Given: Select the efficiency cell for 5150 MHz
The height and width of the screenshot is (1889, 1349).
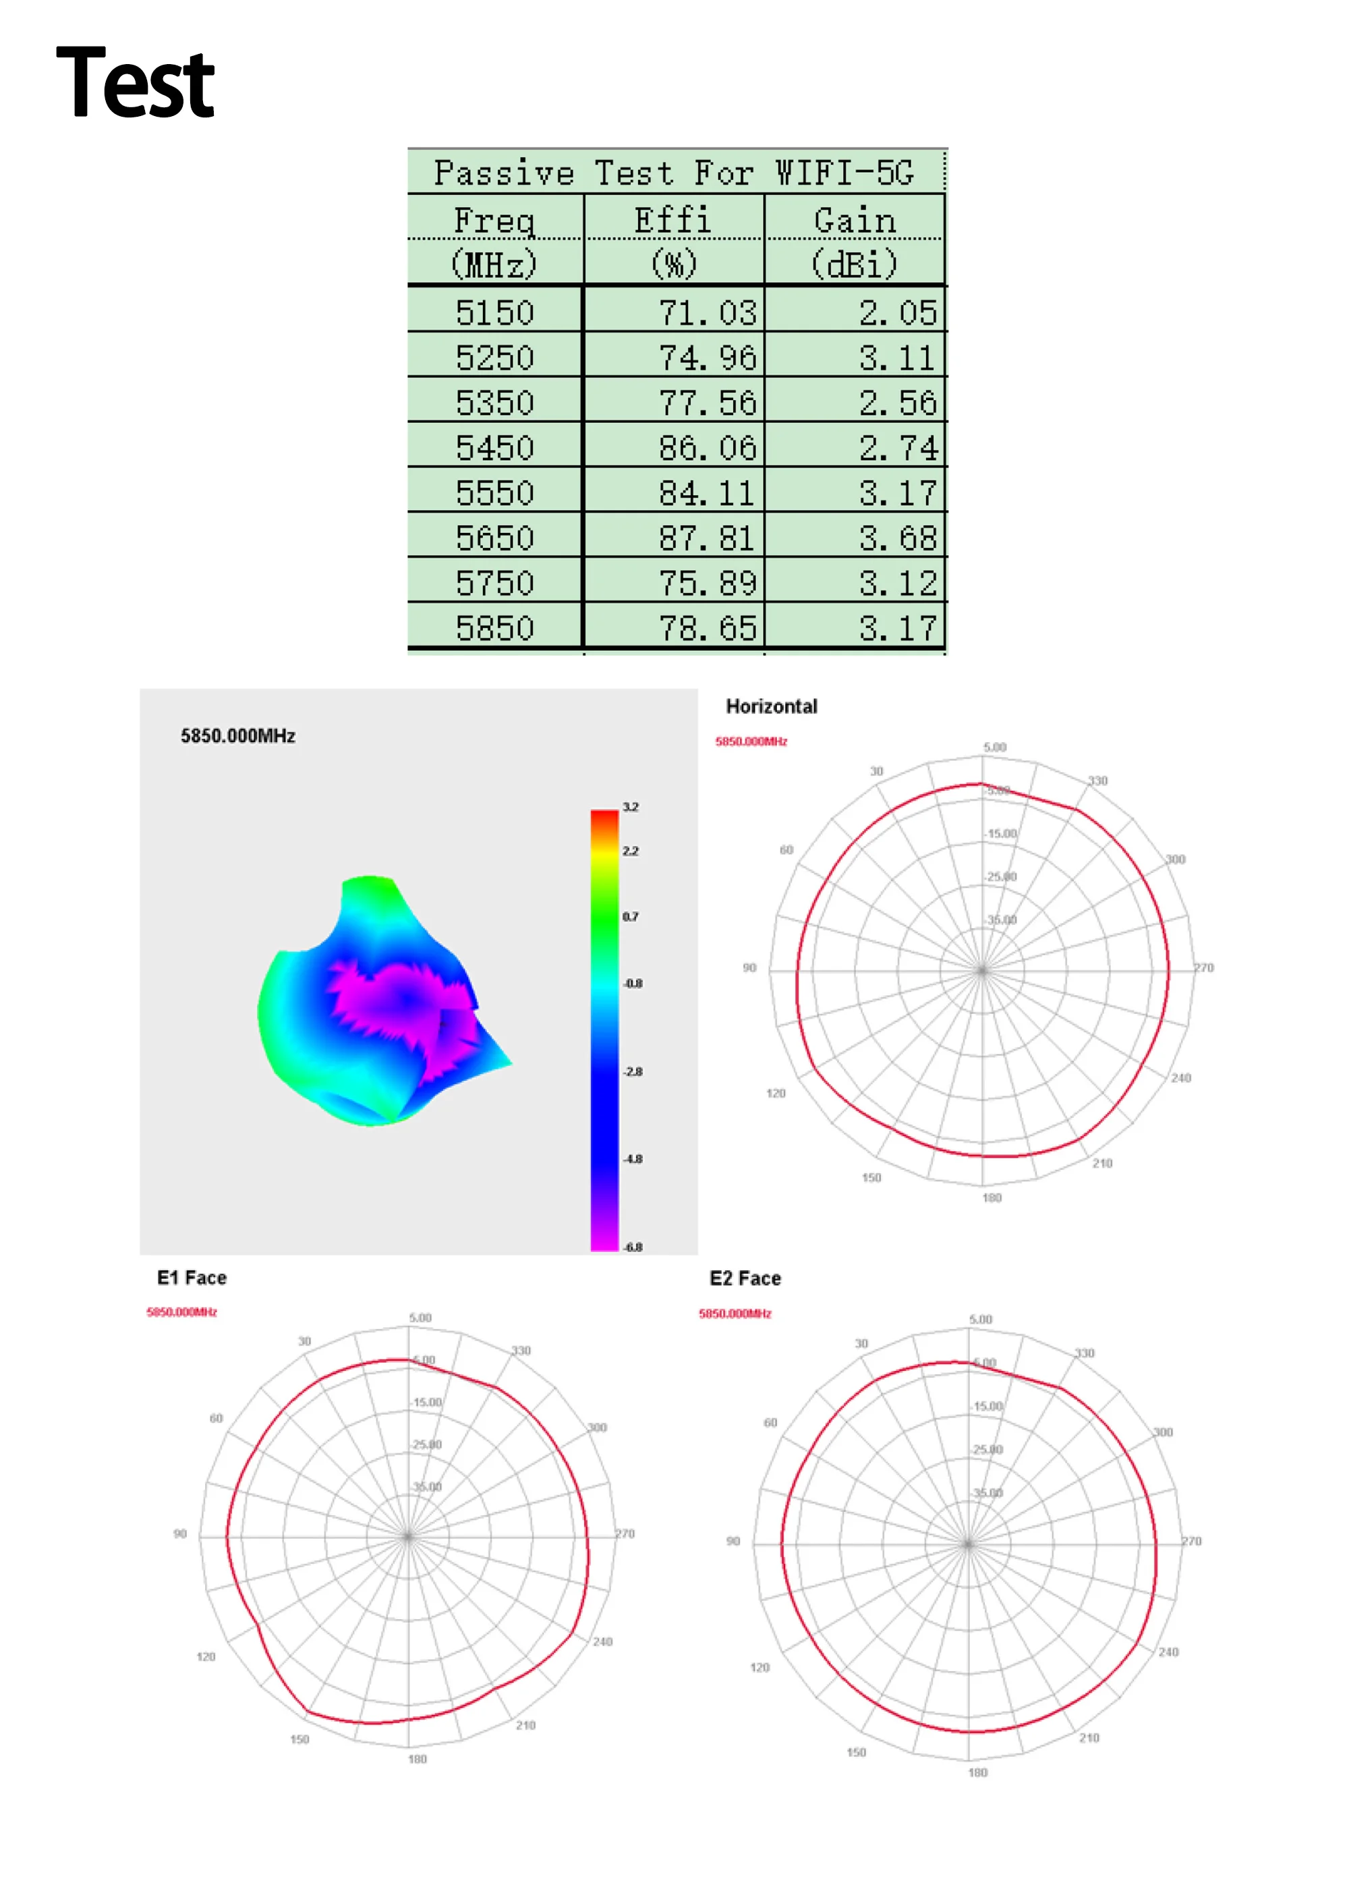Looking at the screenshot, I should tap(707, 313).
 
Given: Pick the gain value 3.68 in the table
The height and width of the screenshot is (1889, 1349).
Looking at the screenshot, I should tap(897, 538).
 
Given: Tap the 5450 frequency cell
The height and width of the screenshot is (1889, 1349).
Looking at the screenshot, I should tap(494, 449).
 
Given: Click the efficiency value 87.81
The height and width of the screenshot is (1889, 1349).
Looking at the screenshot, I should tap(707, 538).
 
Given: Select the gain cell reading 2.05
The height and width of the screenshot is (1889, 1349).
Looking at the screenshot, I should tap(897, 313).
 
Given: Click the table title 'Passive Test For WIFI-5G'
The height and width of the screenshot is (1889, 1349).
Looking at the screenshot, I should tap(674, 173).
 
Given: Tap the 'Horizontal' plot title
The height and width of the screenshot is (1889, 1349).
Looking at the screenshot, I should tap(771, 706).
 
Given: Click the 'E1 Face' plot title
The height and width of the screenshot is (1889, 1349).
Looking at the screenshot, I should tap(192, 1278).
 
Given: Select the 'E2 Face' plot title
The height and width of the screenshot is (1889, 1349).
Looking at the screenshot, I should tap(745, 1278).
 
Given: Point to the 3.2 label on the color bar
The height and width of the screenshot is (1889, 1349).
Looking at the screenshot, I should tap(631, 807).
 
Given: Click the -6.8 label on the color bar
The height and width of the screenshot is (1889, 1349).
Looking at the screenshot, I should tap(633, 1247).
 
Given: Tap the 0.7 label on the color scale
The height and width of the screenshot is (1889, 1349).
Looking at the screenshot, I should tap(631, 916).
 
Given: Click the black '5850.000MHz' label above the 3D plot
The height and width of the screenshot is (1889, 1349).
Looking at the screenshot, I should tap(237, 736).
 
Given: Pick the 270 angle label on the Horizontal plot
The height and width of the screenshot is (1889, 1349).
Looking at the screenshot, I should tap(1203, 967).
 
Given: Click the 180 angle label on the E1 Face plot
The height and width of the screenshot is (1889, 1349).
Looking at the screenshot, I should tap(417, 1759).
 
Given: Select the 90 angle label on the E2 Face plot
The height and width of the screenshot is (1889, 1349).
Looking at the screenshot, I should tap(733, 1541).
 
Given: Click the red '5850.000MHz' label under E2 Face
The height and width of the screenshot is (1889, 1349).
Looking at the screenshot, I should tap(735, 1314).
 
